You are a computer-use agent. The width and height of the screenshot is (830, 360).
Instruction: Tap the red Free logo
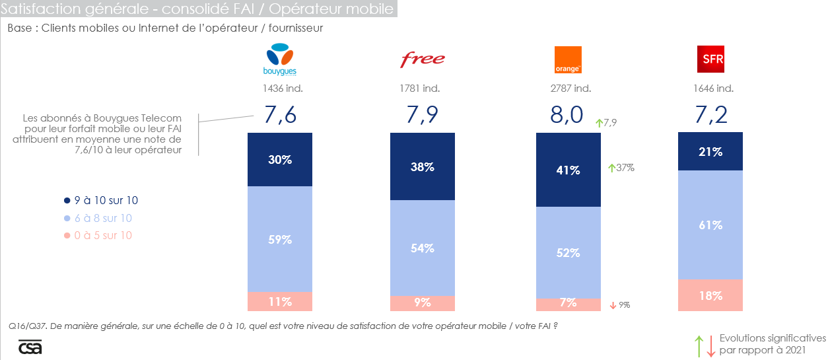click(x=423, y=59)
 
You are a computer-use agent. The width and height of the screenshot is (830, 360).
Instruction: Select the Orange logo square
click(x=567, y=60)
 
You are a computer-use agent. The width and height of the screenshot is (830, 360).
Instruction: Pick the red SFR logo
click(x=710, y=59)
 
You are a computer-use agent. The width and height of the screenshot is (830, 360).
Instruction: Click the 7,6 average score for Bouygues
click(x=280, y=115)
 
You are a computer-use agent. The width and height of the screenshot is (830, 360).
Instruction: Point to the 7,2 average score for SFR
click(x=711, y=115)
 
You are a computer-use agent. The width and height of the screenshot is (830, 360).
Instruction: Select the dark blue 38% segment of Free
click(x=423, y=166)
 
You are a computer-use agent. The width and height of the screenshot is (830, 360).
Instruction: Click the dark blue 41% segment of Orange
click(x=568, y=170)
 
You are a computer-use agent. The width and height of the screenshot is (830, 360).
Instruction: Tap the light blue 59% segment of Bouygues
click(x=280, y=239)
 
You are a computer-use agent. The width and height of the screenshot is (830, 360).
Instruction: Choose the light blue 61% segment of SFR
click(x=710, y=225)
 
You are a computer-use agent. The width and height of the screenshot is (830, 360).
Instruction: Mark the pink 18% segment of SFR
click(x=710, y=295)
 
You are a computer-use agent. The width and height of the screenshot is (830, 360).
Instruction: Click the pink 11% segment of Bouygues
click(x=280, y=301)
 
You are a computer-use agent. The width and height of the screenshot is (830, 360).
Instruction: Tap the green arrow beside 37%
click(x=612, y=168)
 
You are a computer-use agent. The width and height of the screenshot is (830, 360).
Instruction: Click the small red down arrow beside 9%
click(x=612, y=305)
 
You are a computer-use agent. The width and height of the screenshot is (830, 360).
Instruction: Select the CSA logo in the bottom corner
click(x=30, y=347)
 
